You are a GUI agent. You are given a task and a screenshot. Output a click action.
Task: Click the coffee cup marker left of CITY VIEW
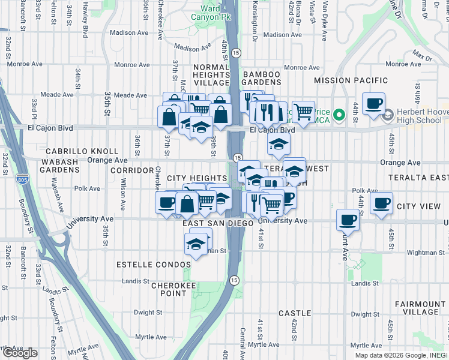pyautogui.click(x=381, y=203)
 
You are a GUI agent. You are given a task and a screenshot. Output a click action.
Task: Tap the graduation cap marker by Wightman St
pyautogui.click(x=196, y=244)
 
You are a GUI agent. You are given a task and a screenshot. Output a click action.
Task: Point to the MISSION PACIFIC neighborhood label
pyautogui.click(x=348, y=80)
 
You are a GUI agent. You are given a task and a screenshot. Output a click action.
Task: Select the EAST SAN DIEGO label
pyautogui.click(x=218, y=223)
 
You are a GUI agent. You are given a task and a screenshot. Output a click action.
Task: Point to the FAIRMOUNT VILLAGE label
pyautogui.click(x=421, y=308)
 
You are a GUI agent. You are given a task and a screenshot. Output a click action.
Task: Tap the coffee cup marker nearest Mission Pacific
pyautogui.click(x=373, y=103)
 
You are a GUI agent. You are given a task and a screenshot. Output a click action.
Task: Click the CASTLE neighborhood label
pyautogui.click(x=295, y=313)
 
